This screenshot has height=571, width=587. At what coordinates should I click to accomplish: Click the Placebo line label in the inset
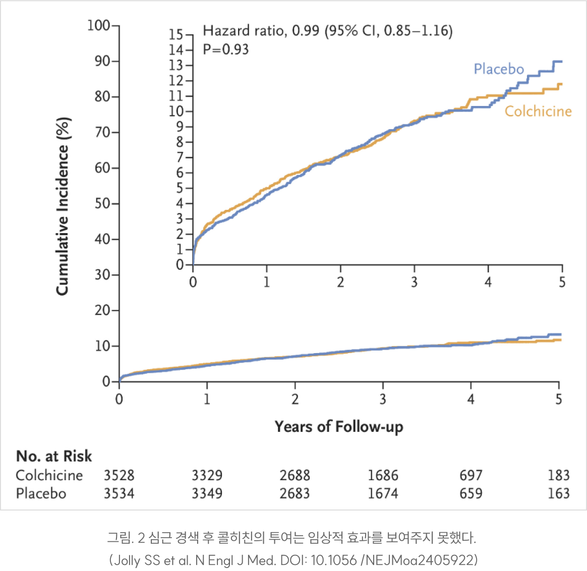[x=498, y=69]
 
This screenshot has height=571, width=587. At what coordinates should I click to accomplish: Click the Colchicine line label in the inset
[x=538, y=111]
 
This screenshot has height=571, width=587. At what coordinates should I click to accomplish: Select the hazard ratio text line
[x=327, y=31]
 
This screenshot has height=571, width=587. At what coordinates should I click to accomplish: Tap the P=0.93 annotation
[x=225, y=49]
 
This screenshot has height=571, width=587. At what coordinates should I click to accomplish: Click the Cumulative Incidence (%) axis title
[x=62, y=206]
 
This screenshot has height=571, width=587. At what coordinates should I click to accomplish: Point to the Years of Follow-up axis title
[x=338, y=427]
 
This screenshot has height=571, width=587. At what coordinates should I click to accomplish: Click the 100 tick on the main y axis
[x=98, y=25]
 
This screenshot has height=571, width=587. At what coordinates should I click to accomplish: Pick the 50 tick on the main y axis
[x=102, y=203]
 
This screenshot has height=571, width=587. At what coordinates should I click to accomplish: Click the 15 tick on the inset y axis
[x=175, y=35]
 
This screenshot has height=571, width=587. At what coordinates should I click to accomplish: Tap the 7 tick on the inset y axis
[x=180, y=157]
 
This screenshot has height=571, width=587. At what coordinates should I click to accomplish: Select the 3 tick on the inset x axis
[x=414, y=282]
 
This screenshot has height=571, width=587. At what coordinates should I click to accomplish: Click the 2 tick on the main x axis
[x=295, y=399]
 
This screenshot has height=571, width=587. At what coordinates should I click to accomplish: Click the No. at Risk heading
[x=54, y=456]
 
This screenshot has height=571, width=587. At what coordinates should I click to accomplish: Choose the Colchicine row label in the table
[x=49, y=475]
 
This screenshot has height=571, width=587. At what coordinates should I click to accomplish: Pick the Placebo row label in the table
[x=41, y=493]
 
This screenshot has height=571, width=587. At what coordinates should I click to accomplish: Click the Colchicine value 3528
[x=119, y=475]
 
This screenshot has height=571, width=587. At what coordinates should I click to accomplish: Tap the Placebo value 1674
[x=383, y=493]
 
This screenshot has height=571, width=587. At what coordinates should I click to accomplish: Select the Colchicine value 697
[x=471, y=475]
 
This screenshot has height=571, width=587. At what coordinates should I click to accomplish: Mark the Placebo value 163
[x=558, y=493]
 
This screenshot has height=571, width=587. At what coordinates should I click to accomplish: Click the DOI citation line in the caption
[x=293, y=560]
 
